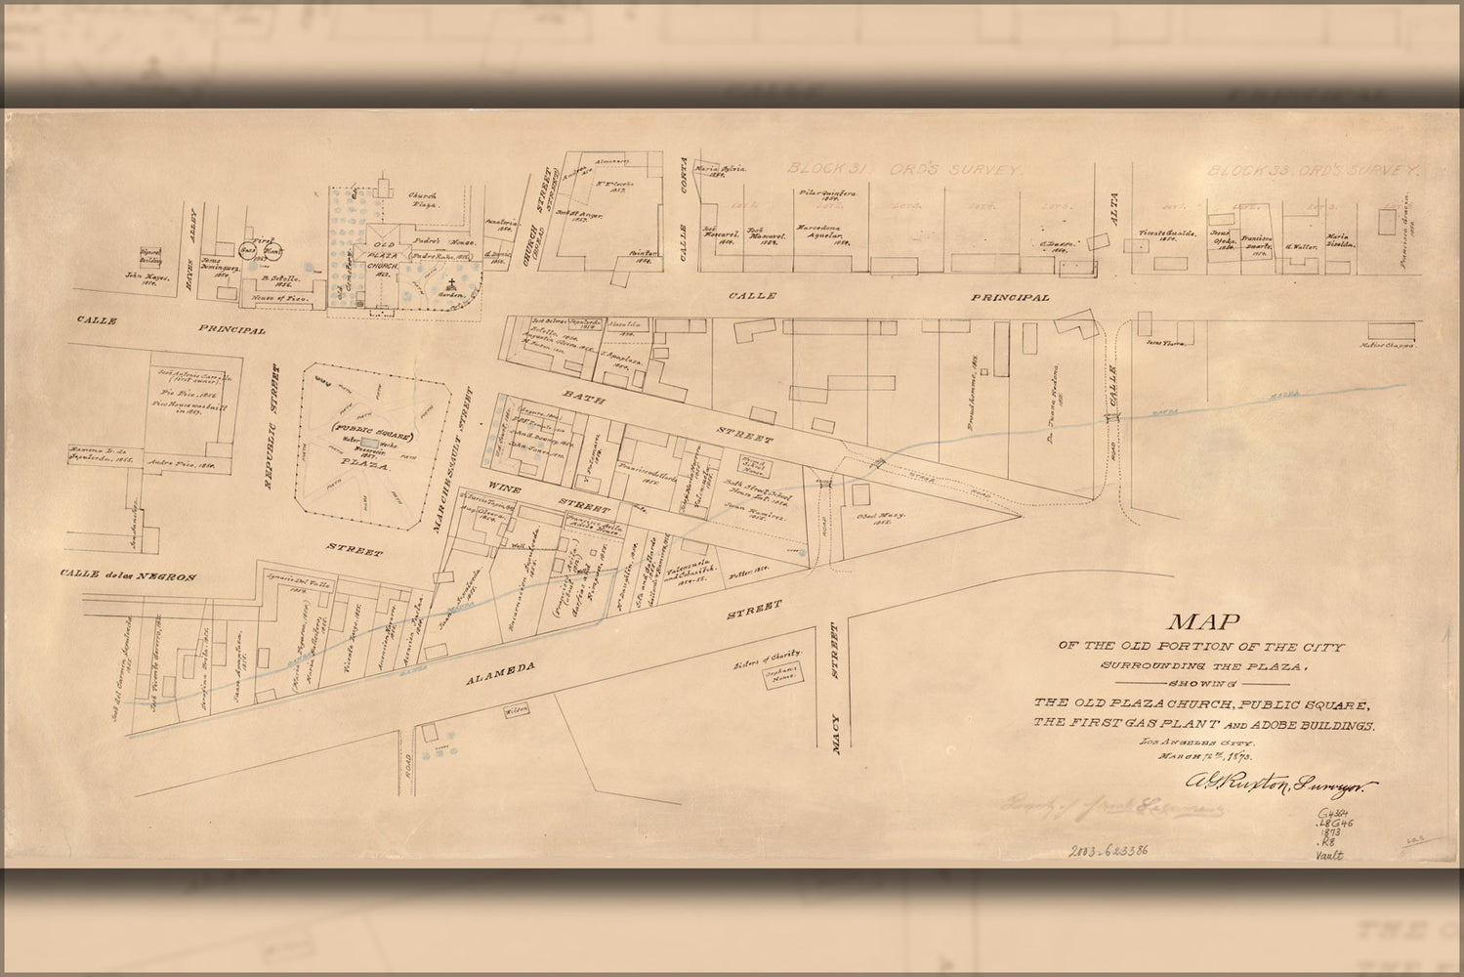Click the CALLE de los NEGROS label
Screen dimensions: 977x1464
click(x=126, y=576)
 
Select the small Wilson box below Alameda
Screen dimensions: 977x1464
click(x=515, y=709)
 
